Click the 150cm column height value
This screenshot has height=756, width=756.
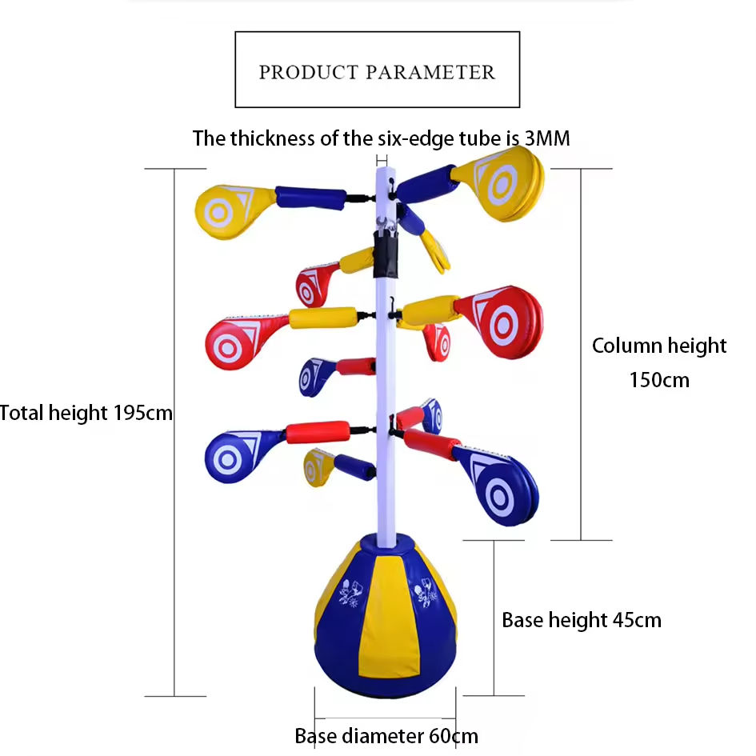click(659, 379)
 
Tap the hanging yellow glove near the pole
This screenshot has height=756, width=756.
click(436, 250)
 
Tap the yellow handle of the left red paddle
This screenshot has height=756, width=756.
click(320, 319)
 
